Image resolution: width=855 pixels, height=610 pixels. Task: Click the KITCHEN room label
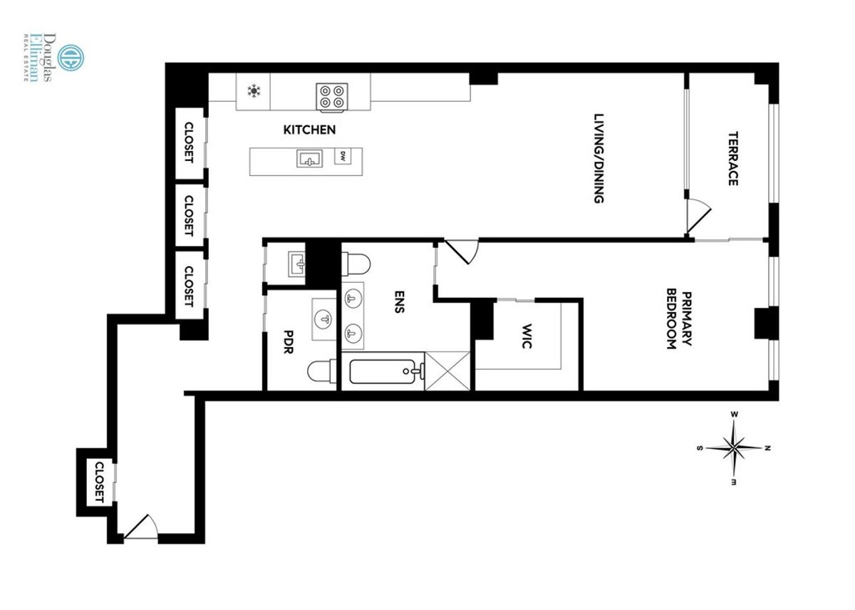(309, 130)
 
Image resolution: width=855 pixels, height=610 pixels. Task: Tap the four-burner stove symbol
(332, 95)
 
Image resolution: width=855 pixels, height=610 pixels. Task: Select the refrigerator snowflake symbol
(253, 91)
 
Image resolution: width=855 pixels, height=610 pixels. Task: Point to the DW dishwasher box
(343, 155)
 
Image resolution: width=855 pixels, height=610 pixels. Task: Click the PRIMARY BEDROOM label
(678, 320)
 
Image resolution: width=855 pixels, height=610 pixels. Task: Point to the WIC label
(528, 336)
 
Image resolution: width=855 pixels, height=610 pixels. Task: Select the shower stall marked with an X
(448, 371)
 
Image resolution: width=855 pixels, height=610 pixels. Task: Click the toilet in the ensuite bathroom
(357, 264)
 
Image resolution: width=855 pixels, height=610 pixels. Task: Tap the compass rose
(733, 448)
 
